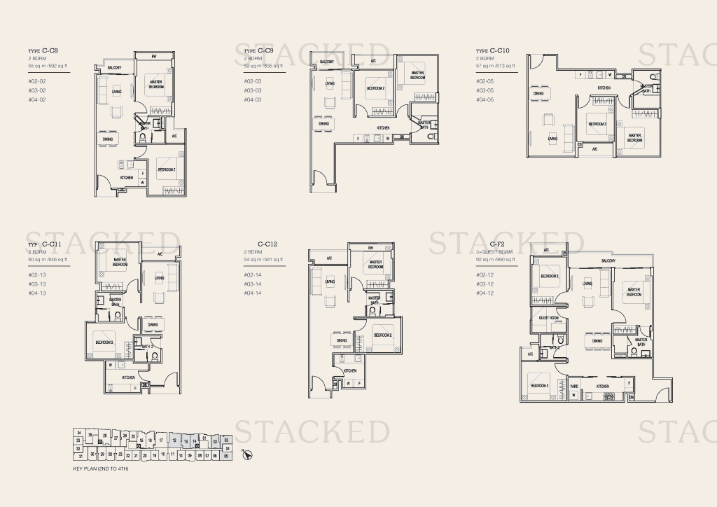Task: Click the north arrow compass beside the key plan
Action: [246, 454]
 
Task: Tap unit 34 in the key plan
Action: [79, 432]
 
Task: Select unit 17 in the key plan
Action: [161, 440]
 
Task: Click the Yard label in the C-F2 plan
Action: [573, 386]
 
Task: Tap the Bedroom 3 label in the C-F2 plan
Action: [540, 386]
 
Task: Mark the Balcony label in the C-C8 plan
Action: [115, 67]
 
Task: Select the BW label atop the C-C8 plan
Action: [154, 55]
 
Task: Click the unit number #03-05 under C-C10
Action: [485, 91]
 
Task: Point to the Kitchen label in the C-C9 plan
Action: [384, 128]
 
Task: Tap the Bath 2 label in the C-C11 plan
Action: [147, 347]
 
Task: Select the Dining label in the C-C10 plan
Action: [538, 93]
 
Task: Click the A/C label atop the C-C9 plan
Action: [374, 62]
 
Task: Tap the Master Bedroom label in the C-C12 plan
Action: [375, 265]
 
